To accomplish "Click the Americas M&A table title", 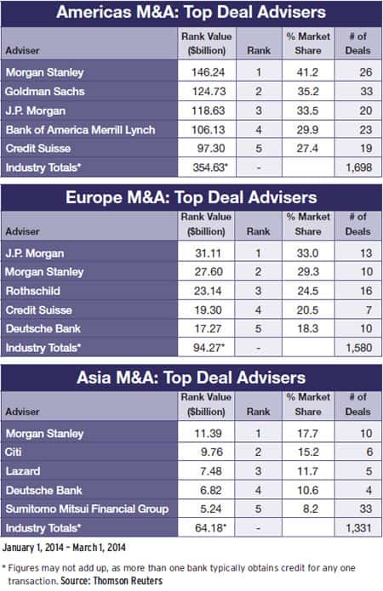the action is tap(191, 12).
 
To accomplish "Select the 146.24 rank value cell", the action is tap(208, 72).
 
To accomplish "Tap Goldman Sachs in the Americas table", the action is tap(45, 91).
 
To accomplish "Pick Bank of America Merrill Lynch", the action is tap(80, 130).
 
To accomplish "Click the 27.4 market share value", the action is tap(307, 149).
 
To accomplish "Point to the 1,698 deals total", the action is tap(359, 168).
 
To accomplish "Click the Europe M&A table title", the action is tap(191, 197).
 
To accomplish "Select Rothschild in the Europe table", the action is tap(33, 291).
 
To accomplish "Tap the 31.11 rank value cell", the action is tap(208, 253).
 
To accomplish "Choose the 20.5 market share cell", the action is tap(307, 310).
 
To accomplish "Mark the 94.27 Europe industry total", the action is tap(209, 348).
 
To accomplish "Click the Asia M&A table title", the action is tap(191, 378).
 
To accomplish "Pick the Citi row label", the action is tap(14, 452).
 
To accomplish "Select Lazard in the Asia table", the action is tap(23, 471).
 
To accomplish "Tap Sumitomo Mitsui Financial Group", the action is tap(87, 509).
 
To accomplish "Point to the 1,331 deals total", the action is tap(359, 528).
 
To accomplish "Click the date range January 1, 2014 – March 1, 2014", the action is tap(64, 548).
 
